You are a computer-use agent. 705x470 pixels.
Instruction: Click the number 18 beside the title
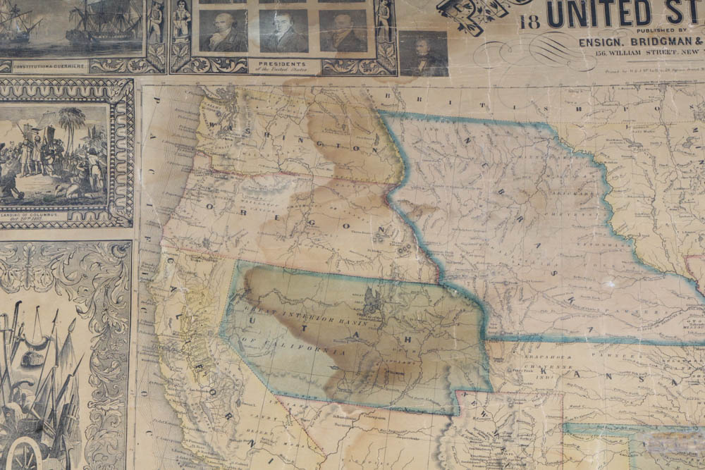[x=529, y=20]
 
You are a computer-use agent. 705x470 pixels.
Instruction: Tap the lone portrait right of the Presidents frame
[x=424, y=53]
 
